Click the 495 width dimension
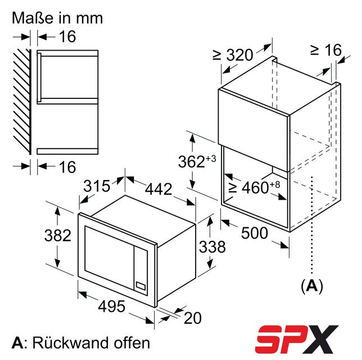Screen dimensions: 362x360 click(x=112, y=307)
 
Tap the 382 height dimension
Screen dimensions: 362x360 click(x=58, y=236)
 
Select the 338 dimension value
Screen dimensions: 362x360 click(x=212, y=246)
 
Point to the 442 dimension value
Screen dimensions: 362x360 click(x=159, y=189)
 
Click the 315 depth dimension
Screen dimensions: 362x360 click(x=97, y=186)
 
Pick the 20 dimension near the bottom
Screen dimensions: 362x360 click(x=193, y=318)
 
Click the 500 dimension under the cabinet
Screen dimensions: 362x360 click(x=255, y=233)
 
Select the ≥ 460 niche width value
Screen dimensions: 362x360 click(x=254, y=187)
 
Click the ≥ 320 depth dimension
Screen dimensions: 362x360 click(x=233, y=55)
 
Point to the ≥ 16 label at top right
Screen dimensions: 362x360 click(x=326, y=49)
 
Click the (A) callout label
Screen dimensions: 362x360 click(x=312, y=286)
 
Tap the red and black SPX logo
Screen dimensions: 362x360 click(x=296, y=339)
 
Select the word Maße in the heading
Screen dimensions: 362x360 click(x=33, y=18)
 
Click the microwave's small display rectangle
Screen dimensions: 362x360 click(x=141, y=286)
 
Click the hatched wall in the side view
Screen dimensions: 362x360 click(x=22, y=102)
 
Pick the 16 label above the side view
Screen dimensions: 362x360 click(x=67, y=37)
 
